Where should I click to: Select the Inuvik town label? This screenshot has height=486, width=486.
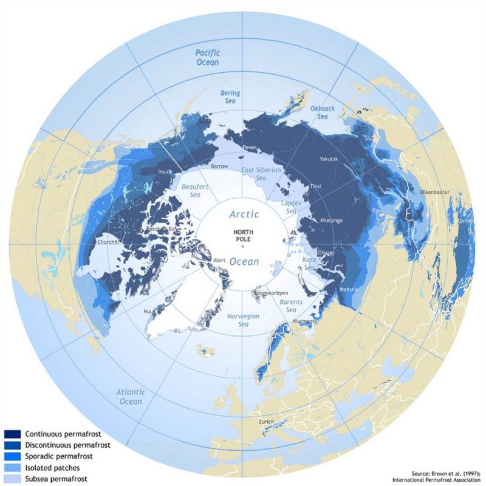pos(166,172)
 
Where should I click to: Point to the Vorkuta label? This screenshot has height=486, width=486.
pos(350,289)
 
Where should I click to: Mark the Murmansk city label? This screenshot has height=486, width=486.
pos(293,321)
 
